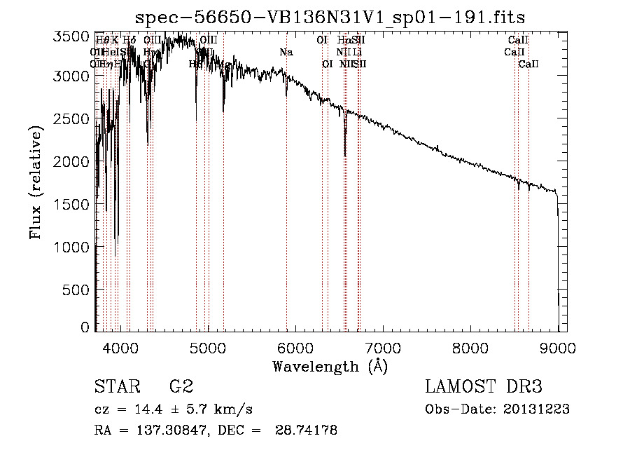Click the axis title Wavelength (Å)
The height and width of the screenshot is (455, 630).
tap(330, 366)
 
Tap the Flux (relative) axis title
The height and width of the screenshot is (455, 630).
tap(36, 183)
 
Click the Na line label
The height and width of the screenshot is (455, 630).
tap(286, 53)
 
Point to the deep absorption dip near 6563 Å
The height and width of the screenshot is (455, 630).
tap(344, 147)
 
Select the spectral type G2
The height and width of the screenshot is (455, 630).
tap(181, 387)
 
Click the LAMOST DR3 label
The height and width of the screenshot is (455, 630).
tap(484, 387)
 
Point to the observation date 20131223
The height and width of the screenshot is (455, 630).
tap(536, 409)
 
